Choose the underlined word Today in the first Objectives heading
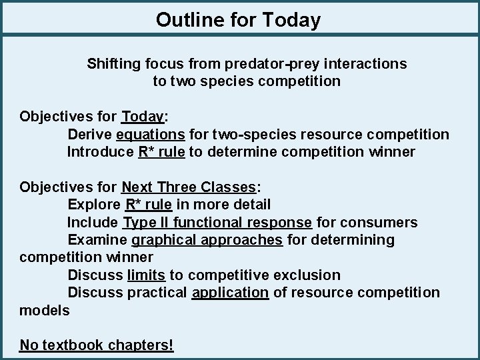point(142,117)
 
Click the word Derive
point(90,135)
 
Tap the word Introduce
point(100,152)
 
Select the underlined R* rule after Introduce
point(161,152)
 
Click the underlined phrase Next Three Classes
point(189,187)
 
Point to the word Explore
point(94,205)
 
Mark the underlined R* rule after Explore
point(149,205)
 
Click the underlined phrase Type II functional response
point(217,222)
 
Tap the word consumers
point(385,222)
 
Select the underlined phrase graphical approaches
point(207,239)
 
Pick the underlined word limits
point(146,275)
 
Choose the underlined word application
point(230,292)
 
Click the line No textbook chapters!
point(97,345)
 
